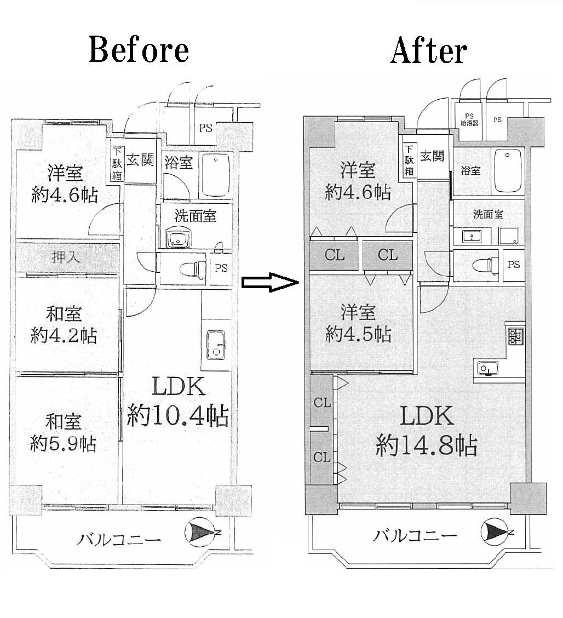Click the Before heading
pyautogui.click(x=139, y=50)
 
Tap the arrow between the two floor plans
pyautogui.click(x=270, y=282)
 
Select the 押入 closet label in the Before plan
pyautogui.click(x=66, y=257)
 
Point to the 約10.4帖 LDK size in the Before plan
pyautogui.click(x=177, y=415)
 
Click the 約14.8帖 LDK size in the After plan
pyautogui.click(x=426, y=445)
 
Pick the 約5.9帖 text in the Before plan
pyautogui.click(x=63, y=444)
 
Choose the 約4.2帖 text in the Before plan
pyautogui.click(x=64, y=336)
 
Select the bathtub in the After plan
pyautogui.click(x=508, y=170)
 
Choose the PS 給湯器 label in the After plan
pyautogui.click(x=469, y=119)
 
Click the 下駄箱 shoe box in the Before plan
pyautogui.click(x=117, y=164)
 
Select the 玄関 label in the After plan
pyautogui.click(x=432, y=156)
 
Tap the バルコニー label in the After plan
pyautogui.click(x=415, y=536)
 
